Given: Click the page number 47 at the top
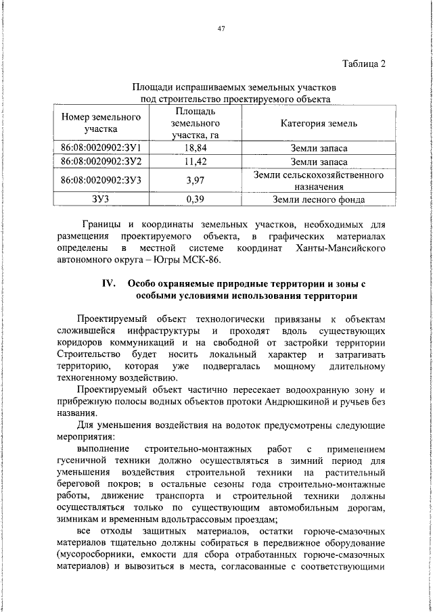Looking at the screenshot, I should click(221, 28).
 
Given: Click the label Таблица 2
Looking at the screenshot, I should click(363, 64).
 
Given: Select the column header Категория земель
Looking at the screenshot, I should click(319, 124).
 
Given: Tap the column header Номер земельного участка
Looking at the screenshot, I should click(101, 122).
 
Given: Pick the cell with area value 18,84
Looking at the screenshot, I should click(195, 147).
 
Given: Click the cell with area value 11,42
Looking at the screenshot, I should click(195, 162).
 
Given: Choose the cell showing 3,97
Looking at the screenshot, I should click(195, 181).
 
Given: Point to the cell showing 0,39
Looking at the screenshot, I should click(195, 199).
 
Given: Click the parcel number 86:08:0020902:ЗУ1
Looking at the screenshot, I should click(101, 147).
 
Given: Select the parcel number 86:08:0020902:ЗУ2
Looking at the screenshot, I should click(101, 162).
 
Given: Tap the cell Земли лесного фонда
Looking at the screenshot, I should click(319, 199).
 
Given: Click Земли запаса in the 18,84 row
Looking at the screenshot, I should click(319, 147).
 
